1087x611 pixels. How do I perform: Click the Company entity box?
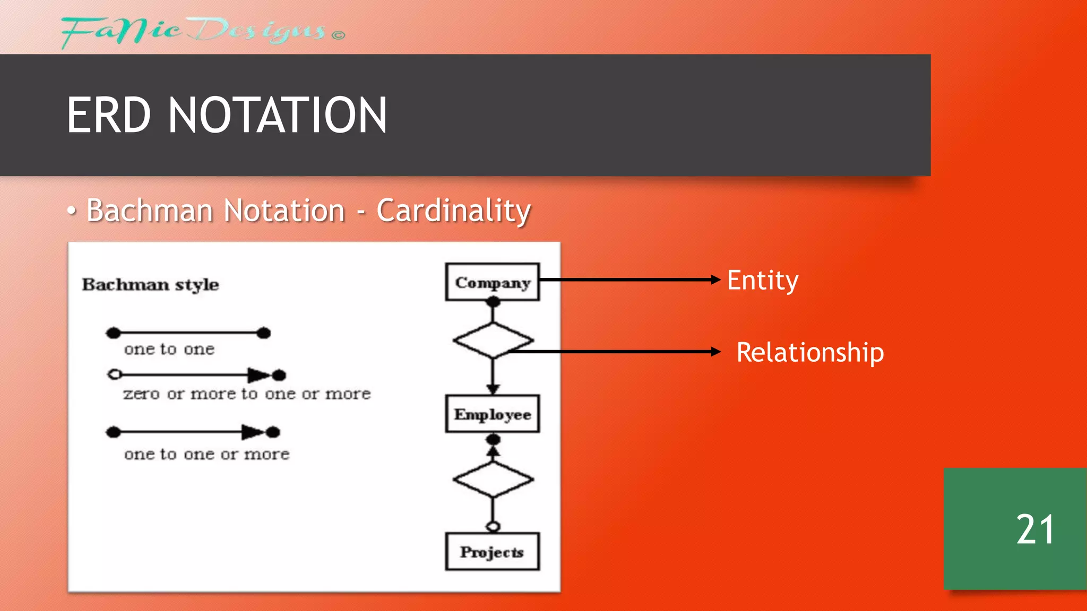(x=492, y=282)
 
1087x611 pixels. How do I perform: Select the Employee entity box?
(x=492, y=414)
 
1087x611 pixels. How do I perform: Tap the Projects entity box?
(x=492, y=552)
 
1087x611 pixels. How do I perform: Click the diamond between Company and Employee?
(x=493, y=340)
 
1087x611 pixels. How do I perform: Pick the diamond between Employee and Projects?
(x=493, y=479)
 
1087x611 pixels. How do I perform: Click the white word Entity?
(x=762, y=280)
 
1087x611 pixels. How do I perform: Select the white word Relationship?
(x=810, y=353)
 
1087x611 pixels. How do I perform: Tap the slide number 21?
(x=1034, y=529)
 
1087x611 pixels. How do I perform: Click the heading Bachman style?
(x=150, y=285)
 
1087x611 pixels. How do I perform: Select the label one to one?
(x=169, y=349)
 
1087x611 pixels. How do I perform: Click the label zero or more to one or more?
(x=247, y=394)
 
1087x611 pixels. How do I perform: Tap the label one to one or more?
(x=207, y=455)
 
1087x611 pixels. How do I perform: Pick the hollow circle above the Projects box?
(x=493, y=526)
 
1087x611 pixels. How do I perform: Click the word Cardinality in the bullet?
(x=453, y=211)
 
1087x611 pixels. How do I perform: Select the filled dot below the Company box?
(x=493, y=302)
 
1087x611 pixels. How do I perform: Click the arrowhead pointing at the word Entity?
(x=716, y=280)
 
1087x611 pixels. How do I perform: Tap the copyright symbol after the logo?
(x=339, y=36)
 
